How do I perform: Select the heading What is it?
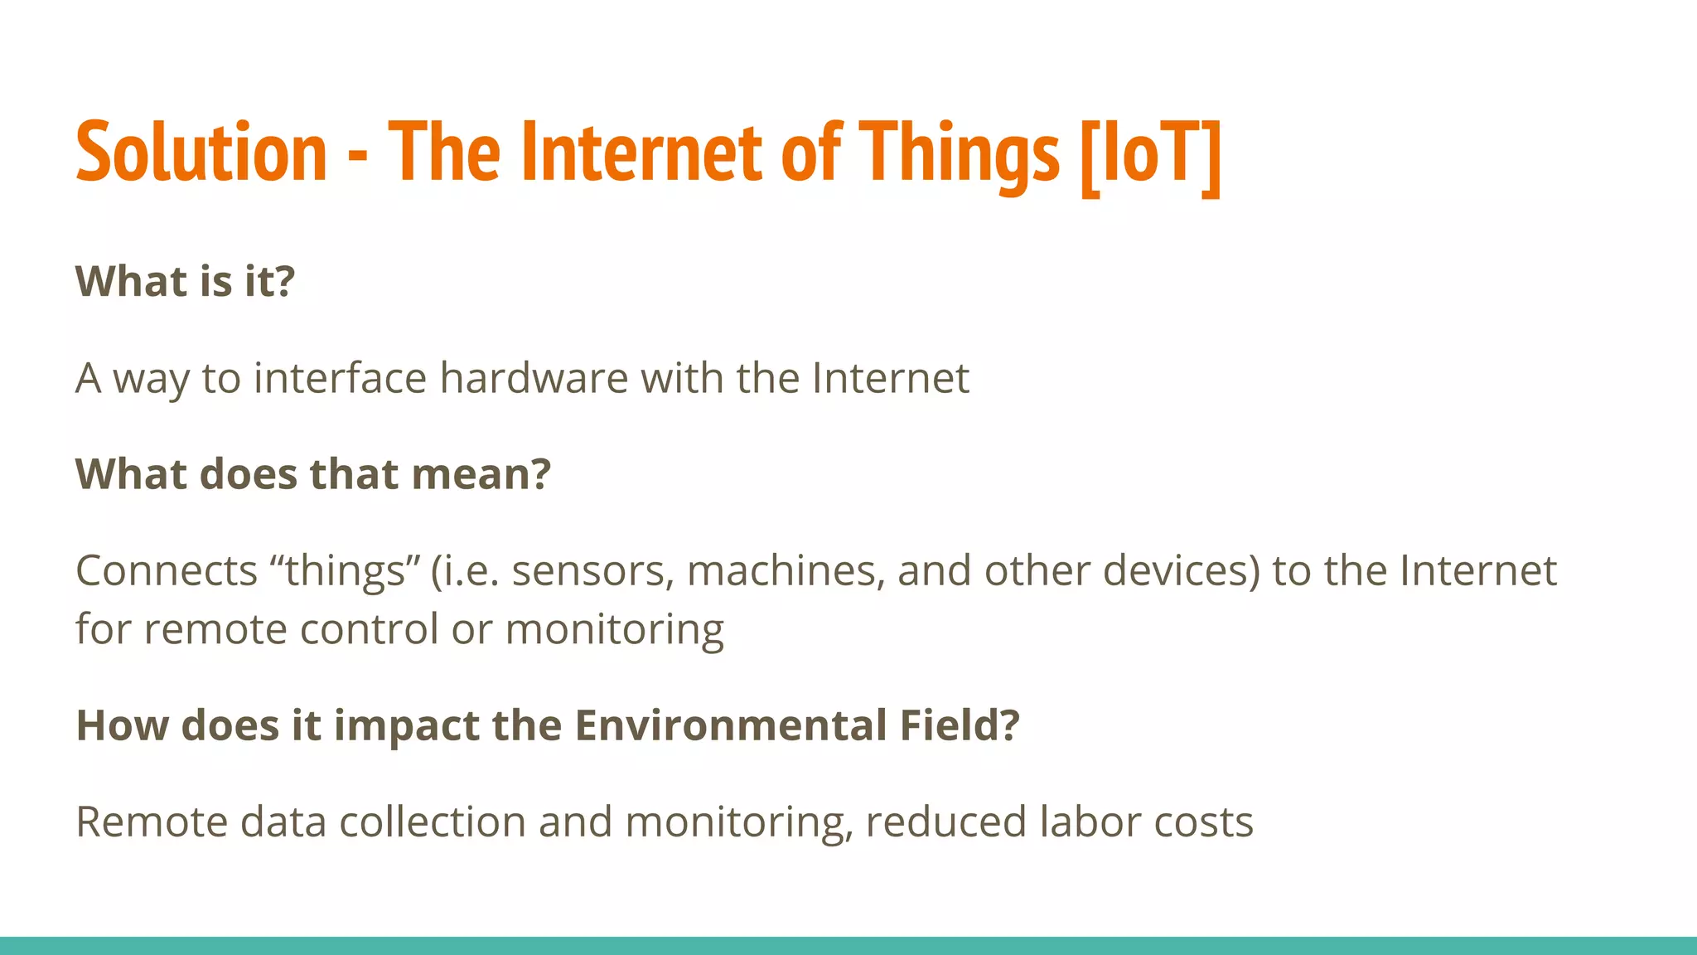185,281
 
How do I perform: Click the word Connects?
167,571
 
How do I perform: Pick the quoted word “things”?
346,571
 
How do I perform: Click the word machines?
786,571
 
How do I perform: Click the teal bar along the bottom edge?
848,946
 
